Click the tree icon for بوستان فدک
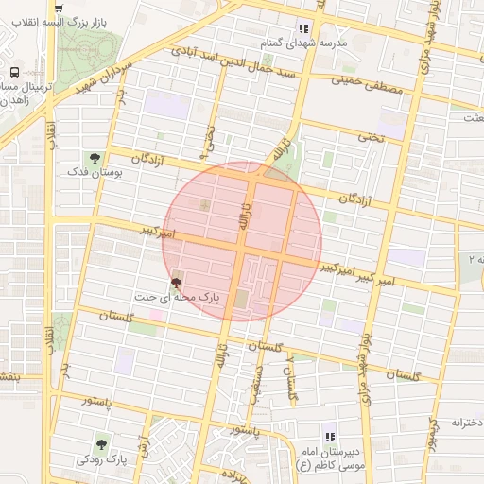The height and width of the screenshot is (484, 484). (x=94, y=157)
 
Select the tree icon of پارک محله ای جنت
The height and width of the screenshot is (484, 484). (x=176, y=281)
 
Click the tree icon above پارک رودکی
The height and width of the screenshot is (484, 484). (x=101, y=441)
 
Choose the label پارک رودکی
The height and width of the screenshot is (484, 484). (x=102, y=459)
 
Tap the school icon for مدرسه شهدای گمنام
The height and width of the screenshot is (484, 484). (x=303, y=28)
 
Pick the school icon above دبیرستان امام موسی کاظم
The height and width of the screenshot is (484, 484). (x=330, y=437)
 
